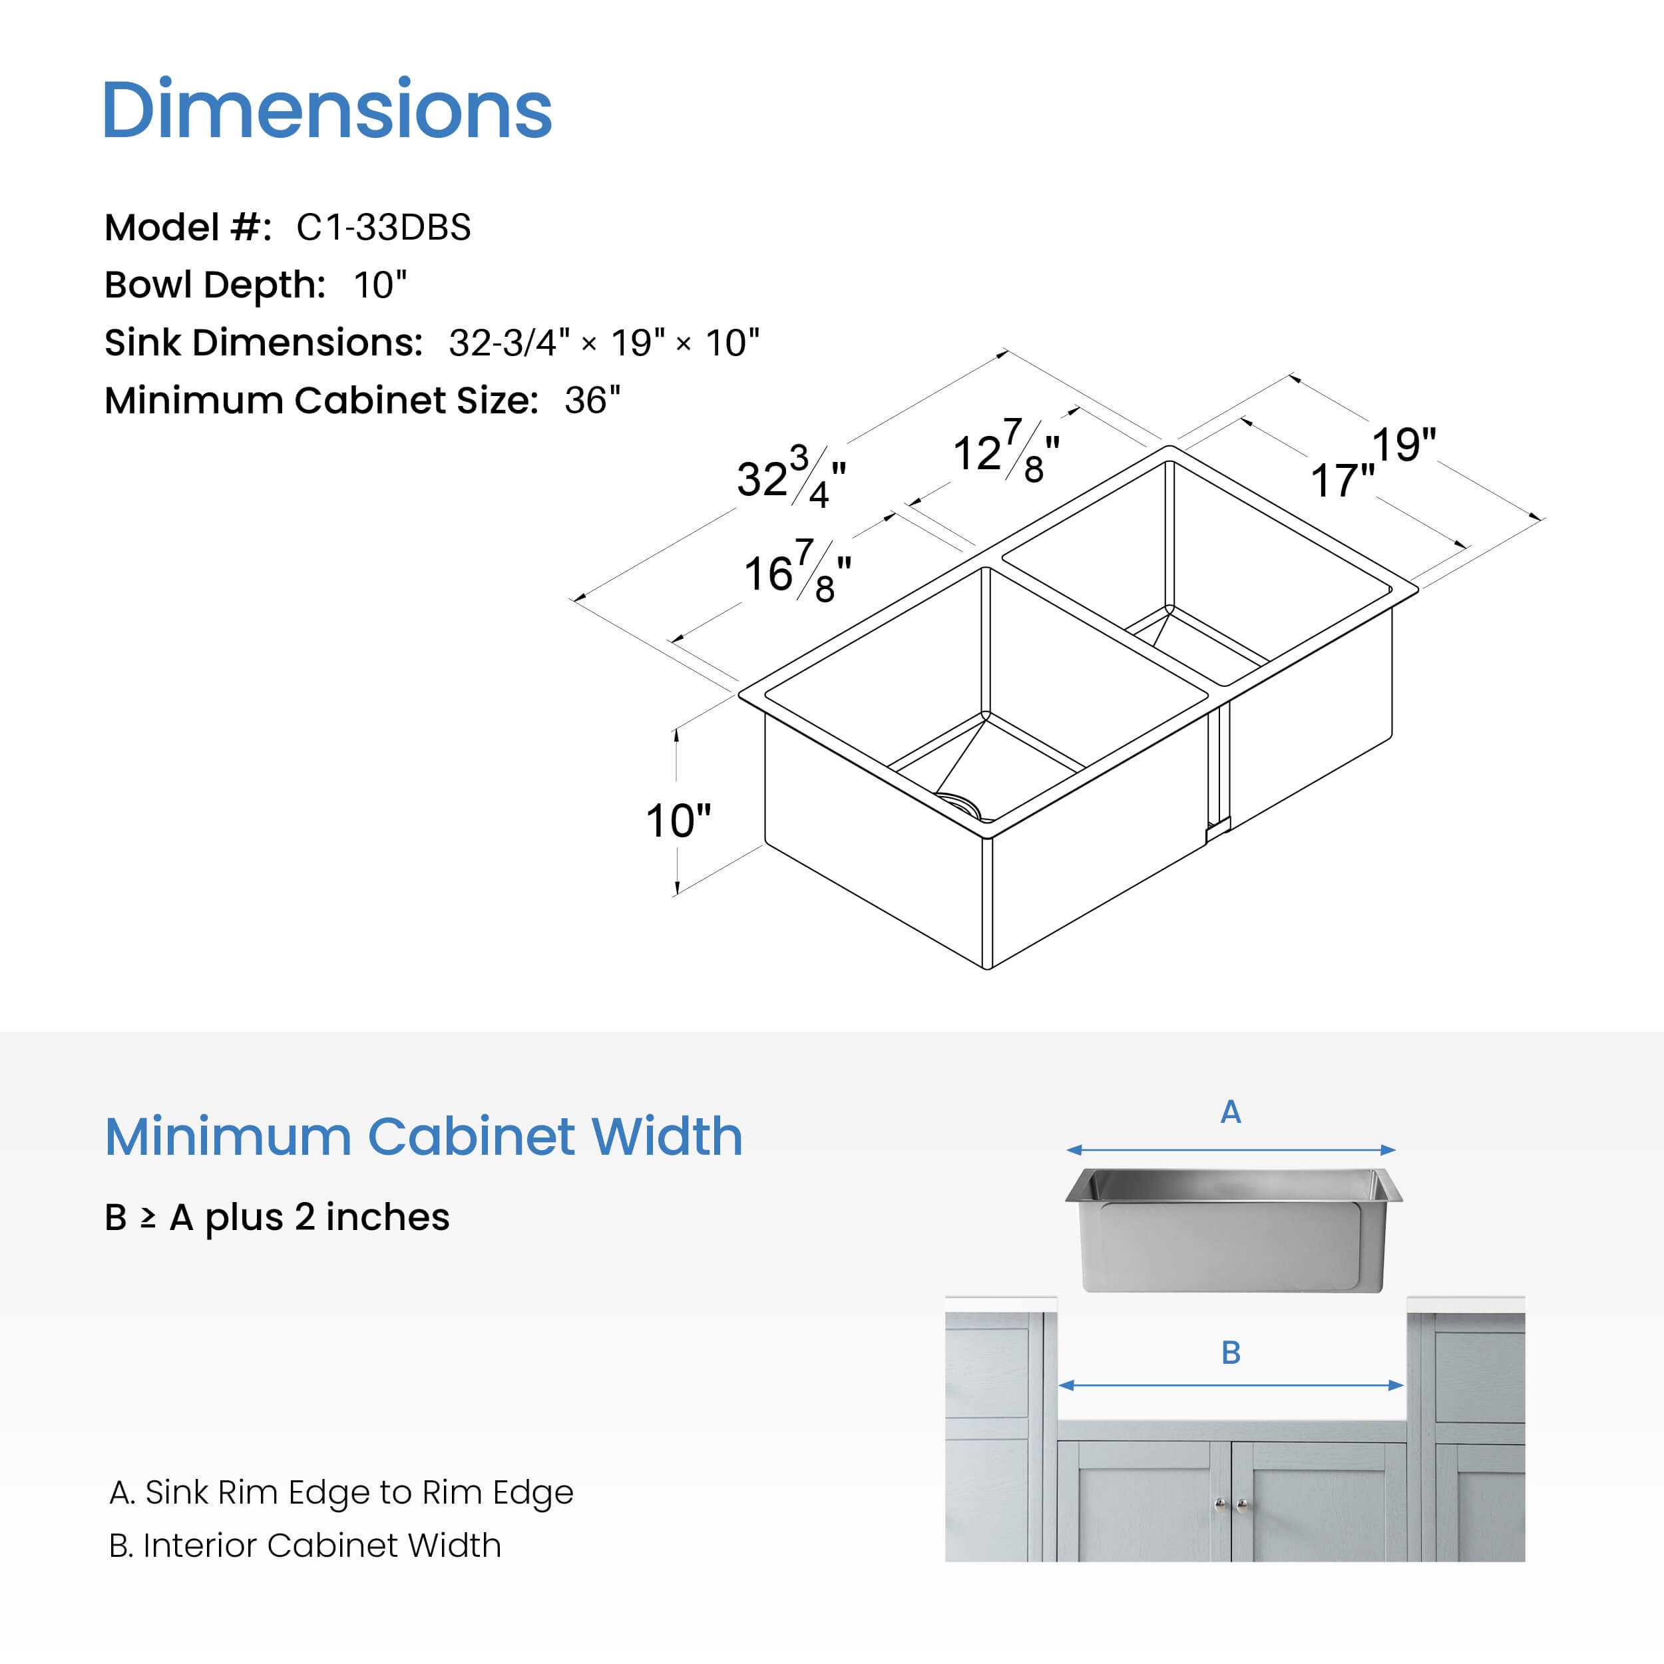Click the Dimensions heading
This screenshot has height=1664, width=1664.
(x=327, y=108)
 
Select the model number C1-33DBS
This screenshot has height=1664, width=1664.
(x=383, y=228)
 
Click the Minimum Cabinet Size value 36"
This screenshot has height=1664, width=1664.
(x=592, y=401)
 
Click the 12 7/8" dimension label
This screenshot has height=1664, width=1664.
(x=1006, y=451)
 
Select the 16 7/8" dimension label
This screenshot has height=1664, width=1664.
(x=797, y=570)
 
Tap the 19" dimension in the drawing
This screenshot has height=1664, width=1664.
(x=1404, y=445)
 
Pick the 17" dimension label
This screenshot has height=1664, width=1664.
(x=1343, y=481)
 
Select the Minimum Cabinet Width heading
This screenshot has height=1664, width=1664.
(x=424, y=1136)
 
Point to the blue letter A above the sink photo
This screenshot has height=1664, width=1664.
(x=1231, y=1112)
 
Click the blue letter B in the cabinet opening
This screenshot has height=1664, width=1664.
(x=1231, y=1352)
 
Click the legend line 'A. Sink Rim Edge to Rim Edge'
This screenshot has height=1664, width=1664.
(x=341, y=1492)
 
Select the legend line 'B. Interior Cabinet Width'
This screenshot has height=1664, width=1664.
(x=305, y=1545)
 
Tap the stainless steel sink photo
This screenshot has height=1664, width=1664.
(x=1233, y=1230)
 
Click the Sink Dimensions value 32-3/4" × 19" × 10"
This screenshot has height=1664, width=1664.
(x=604, y=343)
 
